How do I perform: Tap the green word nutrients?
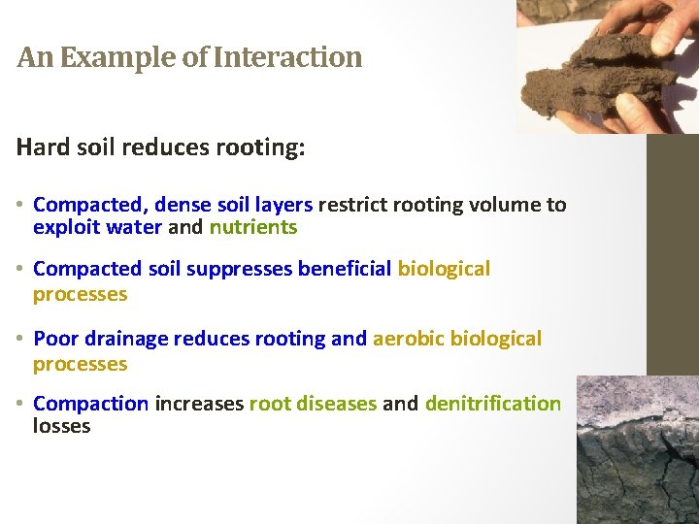[x=252, y=228]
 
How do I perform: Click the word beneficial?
[x=345, y=269]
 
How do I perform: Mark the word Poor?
[x=54, y=339]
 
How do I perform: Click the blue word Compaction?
[x=90, y=403]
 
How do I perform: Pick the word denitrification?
[x=492, y=403]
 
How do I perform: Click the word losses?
[x=61, y=427]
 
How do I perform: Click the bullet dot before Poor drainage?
[x=21, y=340]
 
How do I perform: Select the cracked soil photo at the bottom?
[x=637, y=451]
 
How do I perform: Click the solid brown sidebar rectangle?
[x=672, y=252]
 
